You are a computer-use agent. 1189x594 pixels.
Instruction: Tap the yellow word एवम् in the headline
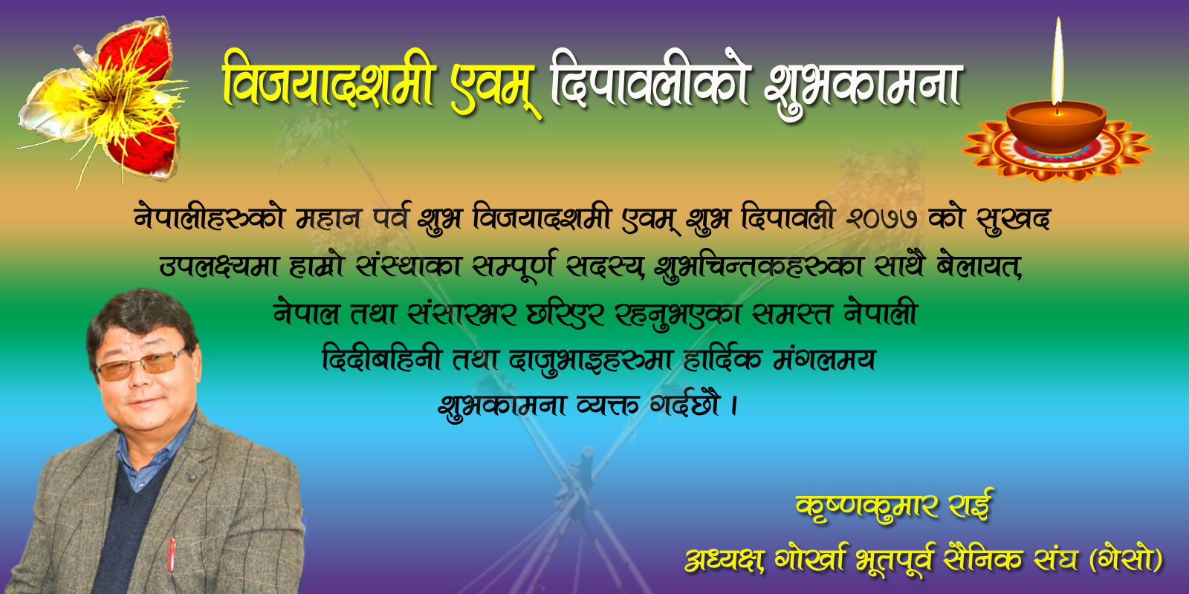pos(495,88)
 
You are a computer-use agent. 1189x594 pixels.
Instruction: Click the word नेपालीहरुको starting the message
pos(210,217)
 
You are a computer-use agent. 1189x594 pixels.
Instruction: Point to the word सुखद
pos(1014,218)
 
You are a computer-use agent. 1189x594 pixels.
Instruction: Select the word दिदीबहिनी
pos(381,359)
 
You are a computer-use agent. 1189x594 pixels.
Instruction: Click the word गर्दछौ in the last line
pos(685,404)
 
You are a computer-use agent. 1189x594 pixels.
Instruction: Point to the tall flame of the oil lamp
pos(1057,61)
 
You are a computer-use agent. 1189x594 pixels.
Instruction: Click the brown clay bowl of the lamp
pos(1056,128)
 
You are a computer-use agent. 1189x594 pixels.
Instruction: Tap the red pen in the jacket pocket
pos(172,555)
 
